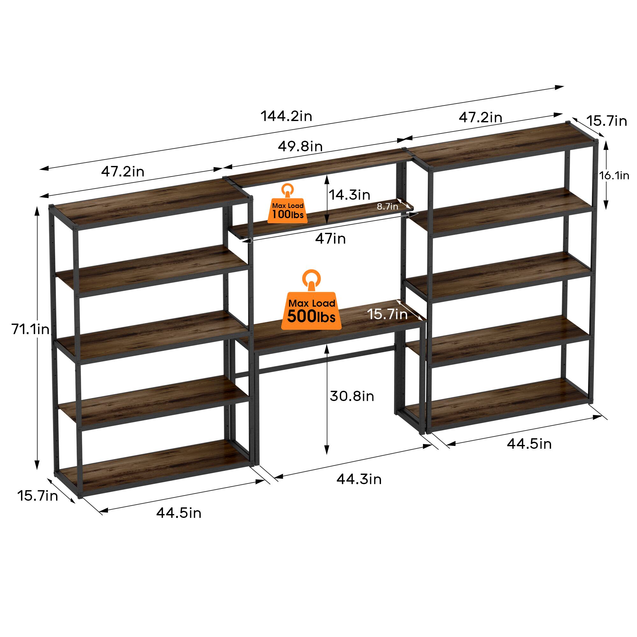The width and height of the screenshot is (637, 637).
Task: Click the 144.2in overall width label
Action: click(x=286, y=116)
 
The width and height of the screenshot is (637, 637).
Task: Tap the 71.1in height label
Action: click(x=30, y=329)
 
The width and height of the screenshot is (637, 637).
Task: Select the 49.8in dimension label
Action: click(x=300, y=146)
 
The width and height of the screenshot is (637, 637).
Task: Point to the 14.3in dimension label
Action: click(x=349, y=195)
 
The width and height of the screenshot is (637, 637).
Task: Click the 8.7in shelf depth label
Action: click(x=387, y=206)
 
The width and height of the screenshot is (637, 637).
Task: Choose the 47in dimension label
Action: click(x=330, y=238)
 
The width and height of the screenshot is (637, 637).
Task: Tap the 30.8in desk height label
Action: click(x=352, y=396)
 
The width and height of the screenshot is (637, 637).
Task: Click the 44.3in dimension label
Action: click(x=359, y=479)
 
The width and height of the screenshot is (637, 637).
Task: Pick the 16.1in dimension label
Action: click(x=614, y=176)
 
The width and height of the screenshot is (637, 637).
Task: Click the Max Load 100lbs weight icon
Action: click(x=288, y=204)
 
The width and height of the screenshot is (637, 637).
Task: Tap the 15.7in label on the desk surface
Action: click(x=388, y=314)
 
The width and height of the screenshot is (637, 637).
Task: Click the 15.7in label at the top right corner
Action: click(x=606, y=121)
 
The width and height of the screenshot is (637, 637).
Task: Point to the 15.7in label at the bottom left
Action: click(x=38, y=496)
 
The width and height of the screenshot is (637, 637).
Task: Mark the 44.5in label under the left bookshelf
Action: click(x=179, y=513)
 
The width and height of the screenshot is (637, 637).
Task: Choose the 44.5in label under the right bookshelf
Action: click(x=529, y=444)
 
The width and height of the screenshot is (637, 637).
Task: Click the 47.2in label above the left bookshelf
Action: click(x=123, y=171)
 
